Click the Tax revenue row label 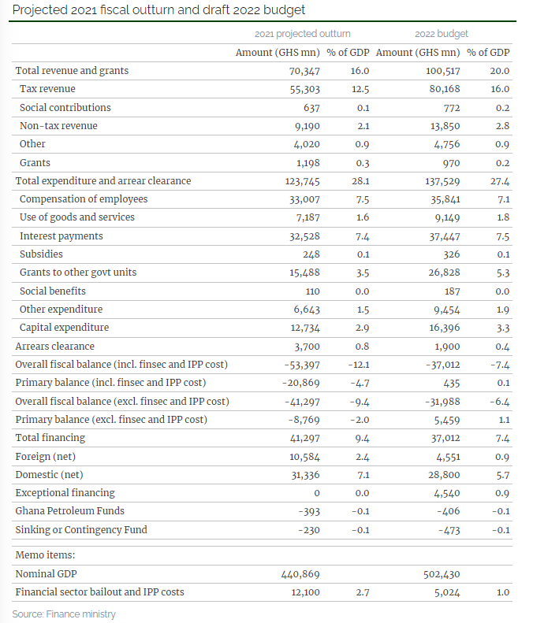[47, 88]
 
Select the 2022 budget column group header [442, 34]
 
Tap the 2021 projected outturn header [302, 34]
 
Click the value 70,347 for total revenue [304, 71]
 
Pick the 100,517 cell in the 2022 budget [442, 71]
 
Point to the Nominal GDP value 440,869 [300, 574]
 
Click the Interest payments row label [61, 236]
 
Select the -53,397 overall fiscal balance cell [302, 365]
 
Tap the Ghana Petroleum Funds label [69, 511]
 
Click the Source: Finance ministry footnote [64, 614]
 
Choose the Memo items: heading [45, 555]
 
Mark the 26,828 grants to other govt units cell [444, 273]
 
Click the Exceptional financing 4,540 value [447, 493]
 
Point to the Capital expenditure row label [64, 328]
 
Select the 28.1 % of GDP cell [360, 181]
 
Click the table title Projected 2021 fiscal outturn [158, 9]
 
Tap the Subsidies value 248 [311, 254]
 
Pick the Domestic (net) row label [50, 475]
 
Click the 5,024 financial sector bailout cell [447, 592]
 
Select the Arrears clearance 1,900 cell [447, 347]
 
